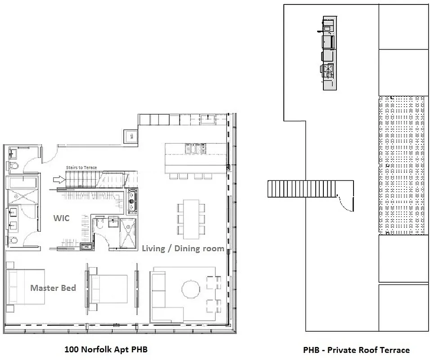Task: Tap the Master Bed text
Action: (x=53, y=288)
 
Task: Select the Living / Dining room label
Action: (x=183, y=248)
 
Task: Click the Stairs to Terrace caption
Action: (x=81, y=167)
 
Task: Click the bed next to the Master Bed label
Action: (x=25, y=287)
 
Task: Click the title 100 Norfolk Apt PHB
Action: (x=106, y=349)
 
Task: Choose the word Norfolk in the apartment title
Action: (x=96, y=349)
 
